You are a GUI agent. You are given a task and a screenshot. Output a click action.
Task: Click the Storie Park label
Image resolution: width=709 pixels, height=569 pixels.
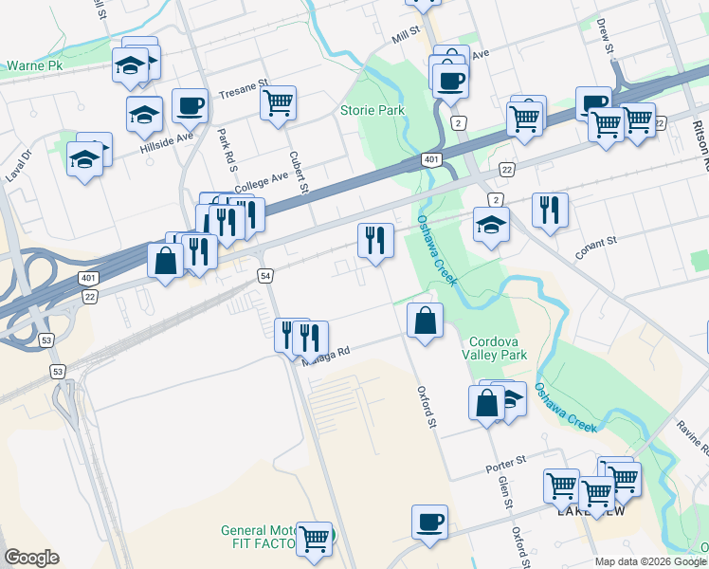click(x=373, y=111)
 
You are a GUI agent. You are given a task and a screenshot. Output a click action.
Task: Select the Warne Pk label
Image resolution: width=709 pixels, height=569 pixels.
click(x=33, y=66)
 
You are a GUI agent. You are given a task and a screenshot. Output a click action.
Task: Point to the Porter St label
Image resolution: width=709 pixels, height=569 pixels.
click(x=505, y=463)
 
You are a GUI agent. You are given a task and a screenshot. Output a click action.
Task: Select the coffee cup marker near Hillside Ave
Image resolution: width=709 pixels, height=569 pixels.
click(x=190, y=105)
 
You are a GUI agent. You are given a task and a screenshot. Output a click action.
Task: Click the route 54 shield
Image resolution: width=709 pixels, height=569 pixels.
click(x=266, y=274)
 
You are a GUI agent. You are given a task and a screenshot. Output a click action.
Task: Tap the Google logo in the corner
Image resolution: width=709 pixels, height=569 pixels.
click(x=31, y=558)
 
